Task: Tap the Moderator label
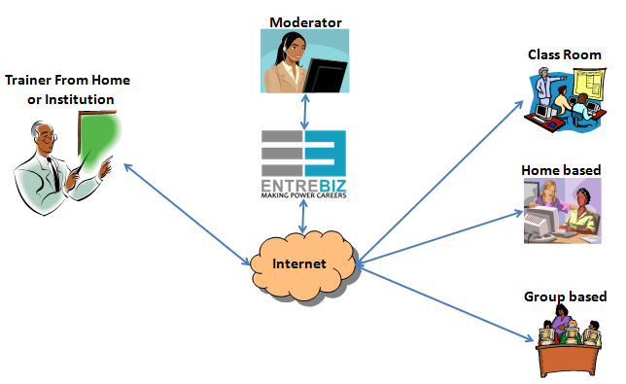pos(306,20)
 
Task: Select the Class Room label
pos(565,54)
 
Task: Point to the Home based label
pos(561,170)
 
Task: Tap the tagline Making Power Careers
pos(304,194)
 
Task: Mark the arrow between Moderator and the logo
pos(305,112)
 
